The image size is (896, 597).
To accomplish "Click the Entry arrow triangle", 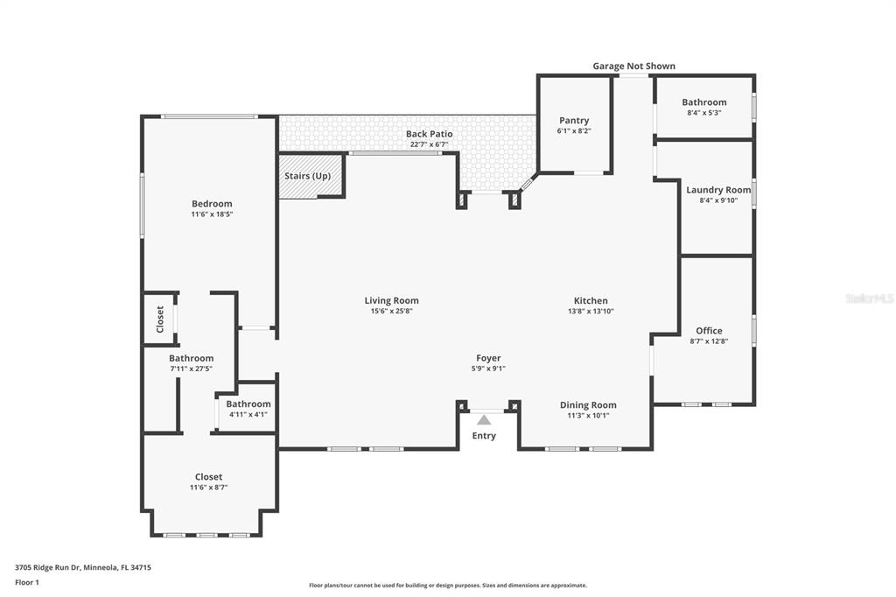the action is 484,420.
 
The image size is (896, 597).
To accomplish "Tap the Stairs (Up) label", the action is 307,176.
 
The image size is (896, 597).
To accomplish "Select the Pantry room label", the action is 574,120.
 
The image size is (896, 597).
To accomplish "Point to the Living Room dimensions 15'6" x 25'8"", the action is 391,311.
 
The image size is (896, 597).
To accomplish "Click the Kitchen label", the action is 591,300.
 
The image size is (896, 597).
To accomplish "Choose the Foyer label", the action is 488,358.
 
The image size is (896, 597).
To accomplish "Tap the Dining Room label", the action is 588,405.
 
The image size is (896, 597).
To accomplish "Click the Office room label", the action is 709,331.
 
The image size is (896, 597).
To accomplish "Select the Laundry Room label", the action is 719,190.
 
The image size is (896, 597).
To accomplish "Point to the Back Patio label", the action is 429,134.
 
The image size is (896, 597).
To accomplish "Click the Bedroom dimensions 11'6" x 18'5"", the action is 212,214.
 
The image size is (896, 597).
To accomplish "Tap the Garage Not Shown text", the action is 633,66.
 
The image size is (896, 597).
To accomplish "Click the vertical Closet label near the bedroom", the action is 160,320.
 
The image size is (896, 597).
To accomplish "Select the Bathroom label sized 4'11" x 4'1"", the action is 248,404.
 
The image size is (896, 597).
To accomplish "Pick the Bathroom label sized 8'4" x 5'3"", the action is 704,102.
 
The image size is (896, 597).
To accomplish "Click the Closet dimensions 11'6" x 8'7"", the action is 208,488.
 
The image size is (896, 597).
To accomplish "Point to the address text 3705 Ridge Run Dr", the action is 49,568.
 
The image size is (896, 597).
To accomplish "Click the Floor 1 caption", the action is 27,583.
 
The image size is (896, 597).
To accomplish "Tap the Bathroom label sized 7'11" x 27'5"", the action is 192,358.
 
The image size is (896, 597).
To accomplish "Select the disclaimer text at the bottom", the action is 448,586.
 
